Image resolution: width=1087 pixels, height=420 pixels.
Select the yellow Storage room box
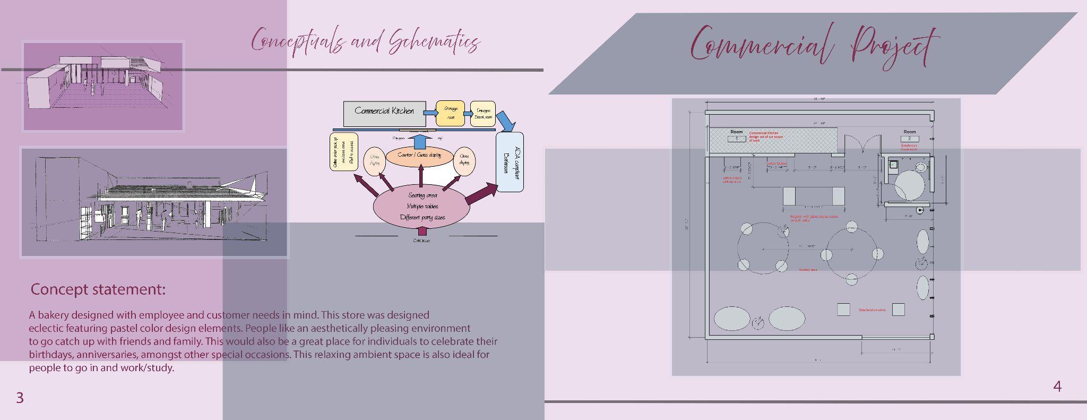point(450,113)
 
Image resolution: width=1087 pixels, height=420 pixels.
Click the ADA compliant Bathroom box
point(510,162)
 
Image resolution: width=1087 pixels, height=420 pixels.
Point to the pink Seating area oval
point(422,207)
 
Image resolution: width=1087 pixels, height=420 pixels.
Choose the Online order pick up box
point(344,152)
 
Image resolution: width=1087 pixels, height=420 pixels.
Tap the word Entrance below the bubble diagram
point(421,241)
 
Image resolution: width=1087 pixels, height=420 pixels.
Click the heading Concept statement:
point(98,289)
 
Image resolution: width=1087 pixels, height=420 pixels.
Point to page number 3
point(20,398)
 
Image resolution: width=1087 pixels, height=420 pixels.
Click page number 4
point(1057,387)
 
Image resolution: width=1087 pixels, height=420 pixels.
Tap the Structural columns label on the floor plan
point(872,310)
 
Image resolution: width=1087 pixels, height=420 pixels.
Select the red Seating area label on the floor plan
point(808,270)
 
